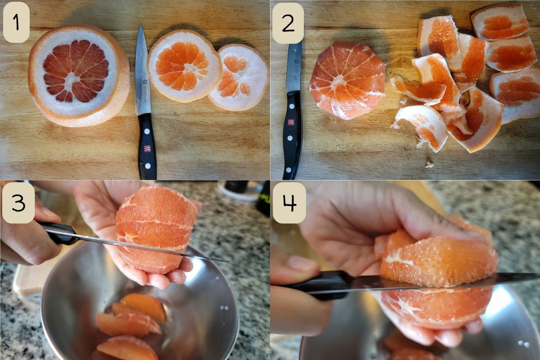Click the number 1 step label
[x=16, y=22]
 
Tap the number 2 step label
[x=288, y=23]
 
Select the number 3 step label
[x=18, y=203]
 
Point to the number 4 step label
[x=289, y=202]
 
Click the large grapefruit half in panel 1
[x=79, y=76]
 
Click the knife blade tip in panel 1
[x=140, y=24]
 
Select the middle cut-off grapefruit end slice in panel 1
[x=184, y=66]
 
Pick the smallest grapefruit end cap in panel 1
[x=238, y=77]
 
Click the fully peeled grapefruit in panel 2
[x=347, y=80]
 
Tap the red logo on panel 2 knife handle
[x=291, y=122]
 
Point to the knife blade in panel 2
[x=293, y=66]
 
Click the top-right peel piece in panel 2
[x=500, y=22]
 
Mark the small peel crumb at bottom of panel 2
[x=429, y=165]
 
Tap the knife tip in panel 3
[x=227, y=261]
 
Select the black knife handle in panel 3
[x=58, y=233]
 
